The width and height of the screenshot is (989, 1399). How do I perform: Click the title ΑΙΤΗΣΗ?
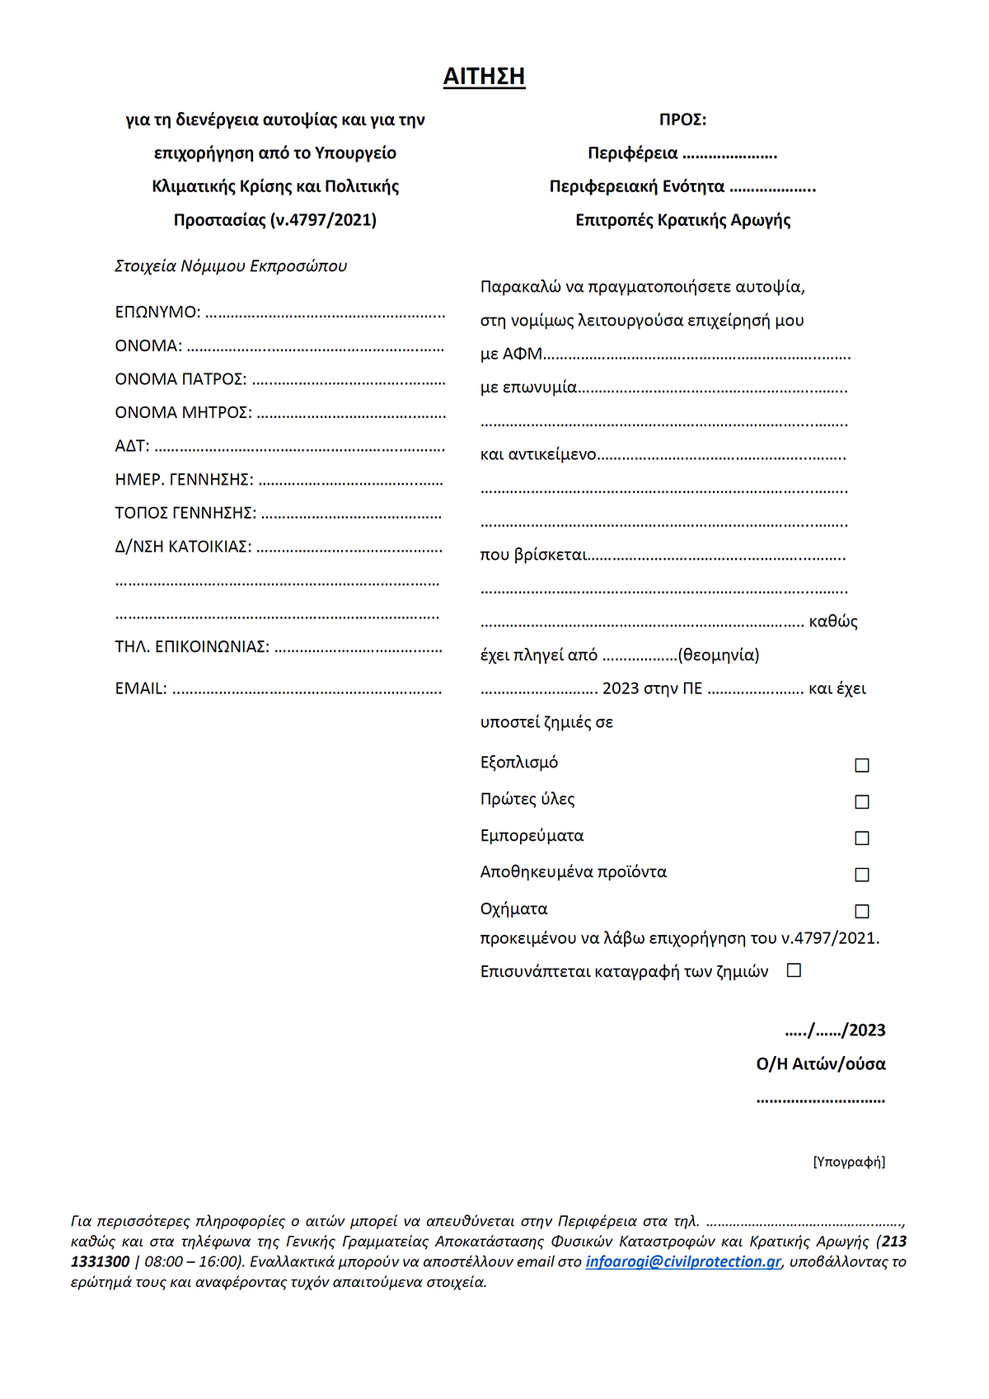pos(484,77)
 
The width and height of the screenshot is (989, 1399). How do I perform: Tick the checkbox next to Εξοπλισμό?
pos(862,766)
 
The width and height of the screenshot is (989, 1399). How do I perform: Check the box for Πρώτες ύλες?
pos(862,802)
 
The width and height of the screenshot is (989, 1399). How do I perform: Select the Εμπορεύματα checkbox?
pos(862,838)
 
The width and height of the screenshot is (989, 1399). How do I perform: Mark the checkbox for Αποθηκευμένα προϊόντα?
pos(862,875)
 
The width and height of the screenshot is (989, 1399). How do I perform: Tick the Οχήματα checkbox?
pos(862,911)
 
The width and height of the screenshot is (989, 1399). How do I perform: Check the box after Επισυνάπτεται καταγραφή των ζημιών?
pos(794,970)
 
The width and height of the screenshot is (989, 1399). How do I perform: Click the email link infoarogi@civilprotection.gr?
pos(683,1261)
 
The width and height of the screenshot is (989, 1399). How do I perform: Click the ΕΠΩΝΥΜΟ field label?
pos(157,312)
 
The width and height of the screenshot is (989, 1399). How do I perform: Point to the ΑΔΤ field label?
pos(132,446)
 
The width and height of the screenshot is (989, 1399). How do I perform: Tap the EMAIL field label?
pos(141,688)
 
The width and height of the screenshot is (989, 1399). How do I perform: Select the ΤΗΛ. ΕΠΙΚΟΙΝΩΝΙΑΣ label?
pos(192,646)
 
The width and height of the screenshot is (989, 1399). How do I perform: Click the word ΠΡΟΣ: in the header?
pos(682,120)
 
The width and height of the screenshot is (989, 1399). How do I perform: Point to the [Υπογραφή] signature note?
pos(849,1162)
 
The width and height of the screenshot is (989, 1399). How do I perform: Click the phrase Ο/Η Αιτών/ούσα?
pos(821,1064)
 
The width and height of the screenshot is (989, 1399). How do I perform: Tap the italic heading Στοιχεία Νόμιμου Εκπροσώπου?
pos(231,266)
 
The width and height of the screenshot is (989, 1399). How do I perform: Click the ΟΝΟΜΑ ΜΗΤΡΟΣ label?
pos(183,412)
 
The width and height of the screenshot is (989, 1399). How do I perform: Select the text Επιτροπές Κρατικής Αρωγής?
pos(682,220)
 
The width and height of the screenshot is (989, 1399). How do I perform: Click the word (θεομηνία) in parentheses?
pos(719,655)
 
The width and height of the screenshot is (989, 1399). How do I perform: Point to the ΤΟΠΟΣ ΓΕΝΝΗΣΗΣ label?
pos(185,513)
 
